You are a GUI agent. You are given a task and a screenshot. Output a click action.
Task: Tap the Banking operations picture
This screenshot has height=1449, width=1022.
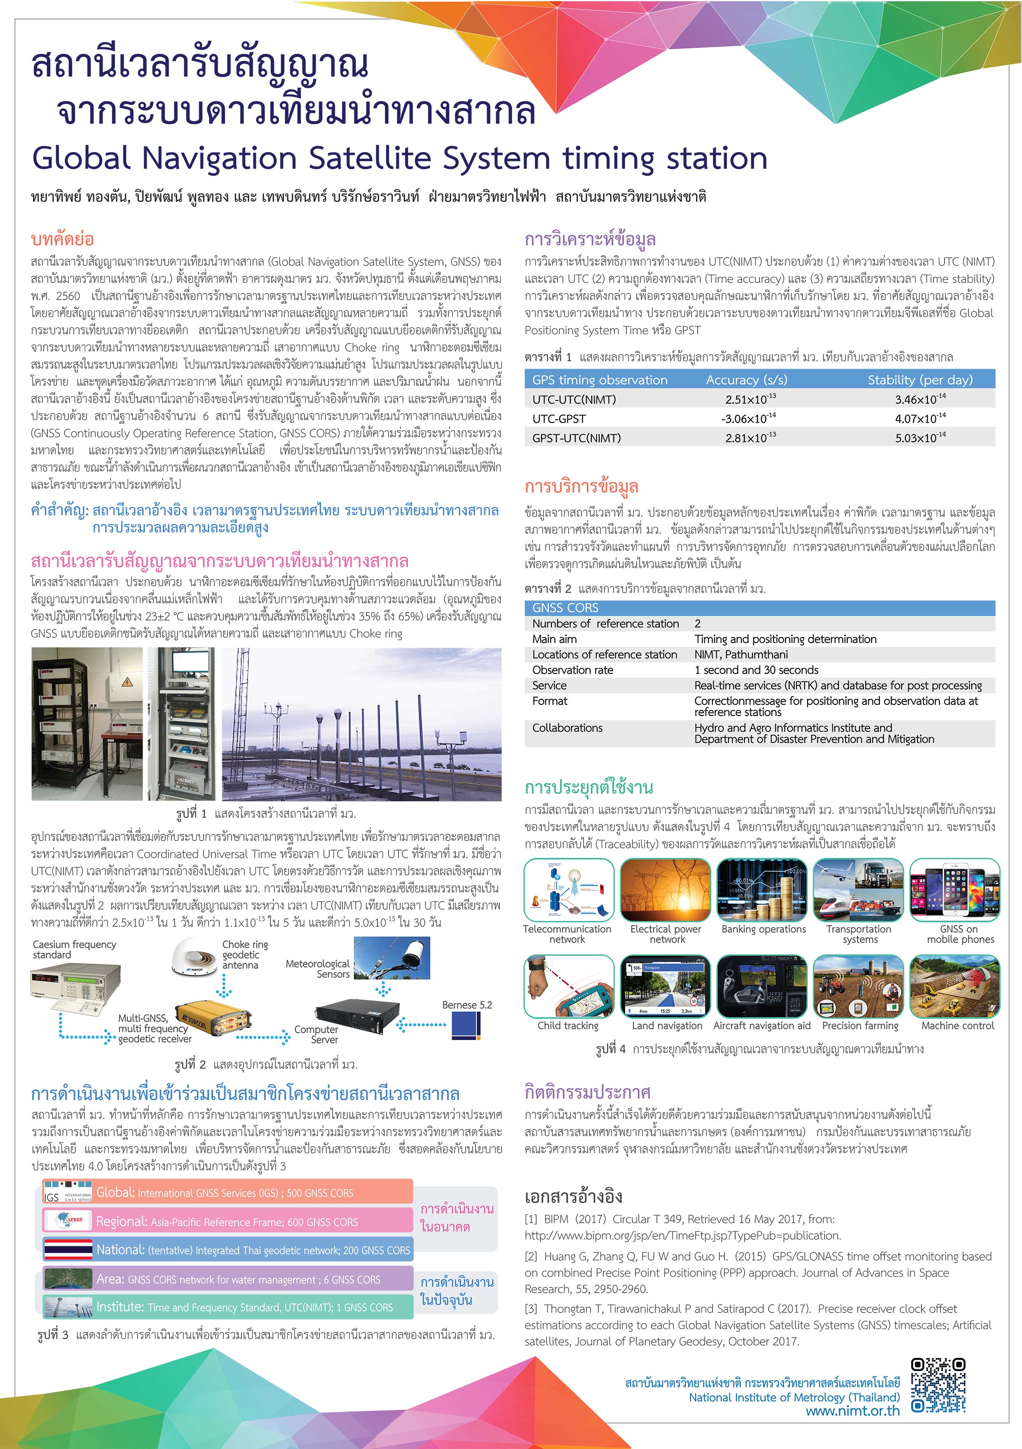click(763, 890)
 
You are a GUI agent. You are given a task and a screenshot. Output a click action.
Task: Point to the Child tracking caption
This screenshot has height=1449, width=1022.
click(568, 1026)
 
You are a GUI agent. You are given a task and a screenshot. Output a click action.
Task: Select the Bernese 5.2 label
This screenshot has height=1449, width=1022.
click(467, 1005)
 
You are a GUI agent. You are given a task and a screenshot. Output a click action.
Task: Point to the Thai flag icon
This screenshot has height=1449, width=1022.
click(68, 1249)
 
